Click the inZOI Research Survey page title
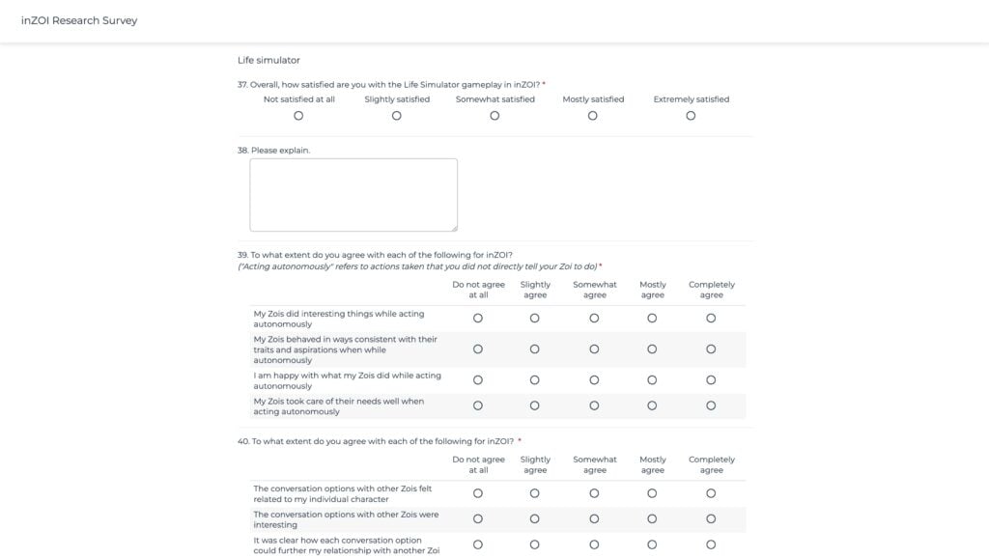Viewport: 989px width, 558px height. [79, 20]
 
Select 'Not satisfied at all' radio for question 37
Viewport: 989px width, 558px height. [298, 116]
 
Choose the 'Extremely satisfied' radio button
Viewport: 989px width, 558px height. [691, 116]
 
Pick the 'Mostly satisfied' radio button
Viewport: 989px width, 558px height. [592, 116]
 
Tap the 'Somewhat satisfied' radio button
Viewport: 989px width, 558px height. [494, 116]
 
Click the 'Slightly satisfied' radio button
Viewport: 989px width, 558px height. [397, 116]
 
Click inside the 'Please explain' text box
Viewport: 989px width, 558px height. [353, 194]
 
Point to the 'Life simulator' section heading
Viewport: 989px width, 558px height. [268, 60]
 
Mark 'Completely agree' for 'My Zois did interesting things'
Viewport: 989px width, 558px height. [711, 318]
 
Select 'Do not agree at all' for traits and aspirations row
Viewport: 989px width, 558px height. [478, 349]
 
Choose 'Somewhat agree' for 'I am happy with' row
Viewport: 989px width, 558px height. [594, 380]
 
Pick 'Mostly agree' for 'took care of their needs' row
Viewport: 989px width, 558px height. [652, 405]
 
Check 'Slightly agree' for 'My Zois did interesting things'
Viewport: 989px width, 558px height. [535, 318]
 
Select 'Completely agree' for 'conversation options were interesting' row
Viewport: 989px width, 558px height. [711, 518]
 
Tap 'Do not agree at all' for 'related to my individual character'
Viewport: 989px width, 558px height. [478, 493]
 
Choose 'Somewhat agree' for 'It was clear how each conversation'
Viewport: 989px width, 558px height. [594, 544]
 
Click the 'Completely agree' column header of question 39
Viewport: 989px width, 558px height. [712, 290]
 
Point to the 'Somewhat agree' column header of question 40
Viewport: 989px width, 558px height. [595, 464]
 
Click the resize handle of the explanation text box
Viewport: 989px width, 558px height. [454, 228]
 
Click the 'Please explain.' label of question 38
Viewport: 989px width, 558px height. [280, 150]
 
